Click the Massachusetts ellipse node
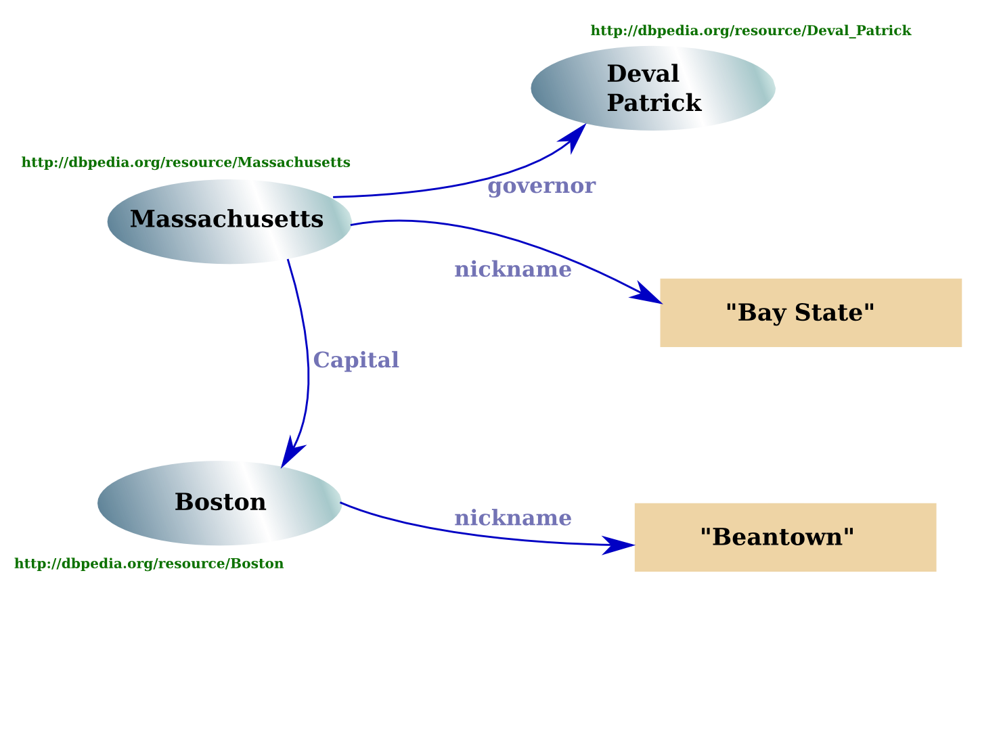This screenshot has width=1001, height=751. coord(229,222)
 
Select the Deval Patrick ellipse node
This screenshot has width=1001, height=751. coord(652,89)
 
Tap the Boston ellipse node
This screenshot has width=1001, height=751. coord(219,503)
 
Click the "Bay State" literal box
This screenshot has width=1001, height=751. coord(810,313)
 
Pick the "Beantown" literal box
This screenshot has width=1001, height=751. coord(784,537)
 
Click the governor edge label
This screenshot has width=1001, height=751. coord(541,186)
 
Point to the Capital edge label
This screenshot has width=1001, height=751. coord(356,360)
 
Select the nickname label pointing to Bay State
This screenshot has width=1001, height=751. coord(512,269)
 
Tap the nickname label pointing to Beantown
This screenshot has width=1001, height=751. coord(512,518)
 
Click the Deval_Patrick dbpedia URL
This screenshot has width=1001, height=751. coord(751,30)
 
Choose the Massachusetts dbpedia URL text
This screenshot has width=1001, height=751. coord(186,162)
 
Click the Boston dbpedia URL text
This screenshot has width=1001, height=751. coord(149,564)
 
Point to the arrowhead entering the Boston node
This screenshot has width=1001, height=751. coord(292,453)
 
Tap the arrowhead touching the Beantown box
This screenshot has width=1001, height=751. coord(617,545)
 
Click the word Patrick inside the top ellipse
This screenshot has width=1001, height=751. coord(654,103)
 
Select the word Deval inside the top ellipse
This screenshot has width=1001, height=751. coord(642,74)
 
